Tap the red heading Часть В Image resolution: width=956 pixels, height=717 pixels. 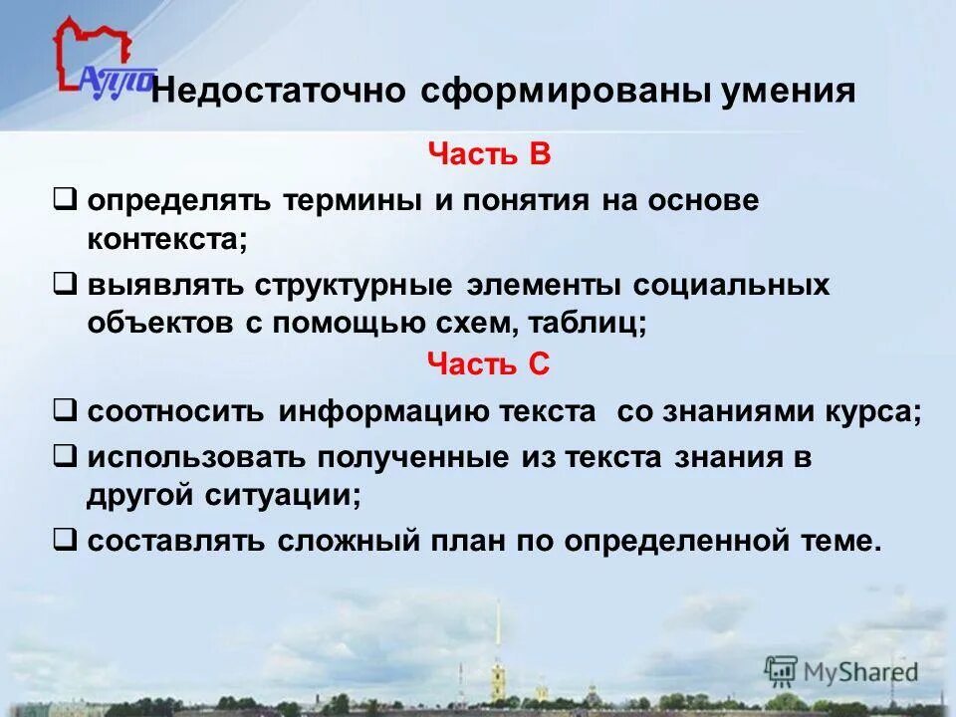click(489, 155)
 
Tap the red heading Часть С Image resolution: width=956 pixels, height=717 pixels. click(488, 364)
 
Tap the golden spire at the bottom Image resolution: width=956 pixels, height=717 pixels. click(498, 637)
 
